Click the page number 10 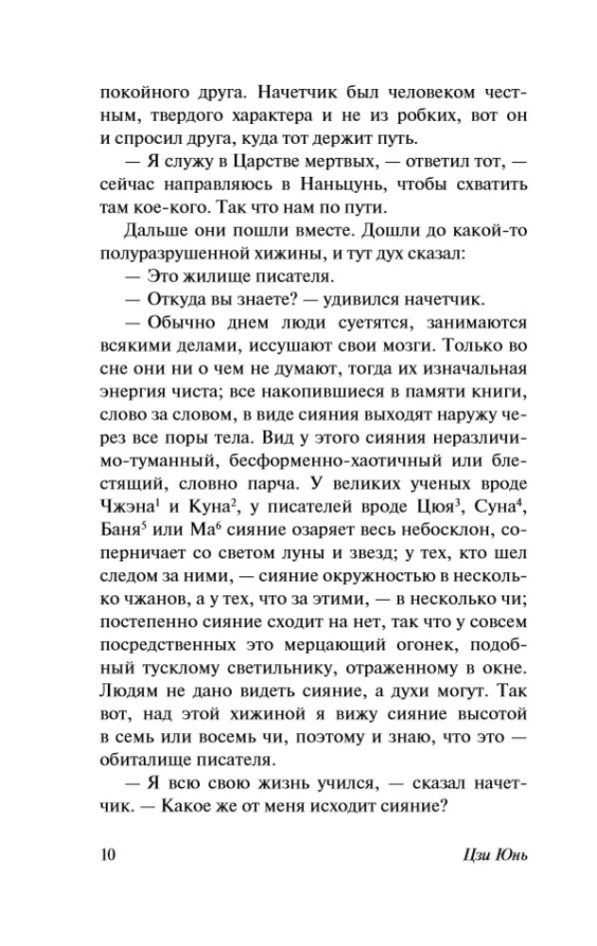[x=106, y=855]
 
